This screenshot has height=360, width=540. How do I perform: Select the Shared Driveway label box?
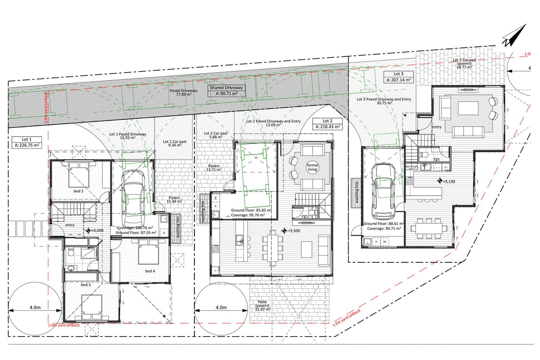(226, 91)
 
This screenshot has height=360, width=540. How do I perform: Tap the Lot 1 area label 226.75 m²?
(27, 145)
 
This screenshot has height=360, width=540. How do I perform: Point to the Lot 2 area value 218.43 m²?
(328, 127)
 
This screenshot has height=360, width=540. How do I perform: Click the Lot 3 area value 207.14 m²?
(399, 80)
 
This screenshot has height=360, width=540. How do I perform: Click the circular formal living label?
(312, 167)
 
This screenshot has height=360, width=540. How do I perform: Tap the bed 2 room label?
(78, 191)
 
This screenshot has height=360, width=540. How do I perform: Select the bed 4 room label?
(150, 271)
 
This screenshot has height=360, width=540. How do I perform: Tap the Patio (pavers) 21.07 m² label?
(262, 305)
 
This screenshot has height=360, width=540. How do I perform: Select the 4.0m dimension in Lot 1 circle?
(35, 307)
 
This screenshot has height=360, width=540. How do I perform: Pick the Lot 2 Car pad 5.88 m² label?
(216, 135)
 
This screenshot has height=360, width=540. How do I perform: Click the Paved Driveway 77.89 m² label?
(184, 93)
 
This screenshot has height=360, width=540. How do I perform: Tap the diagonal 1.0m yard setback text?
(346, 318)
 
